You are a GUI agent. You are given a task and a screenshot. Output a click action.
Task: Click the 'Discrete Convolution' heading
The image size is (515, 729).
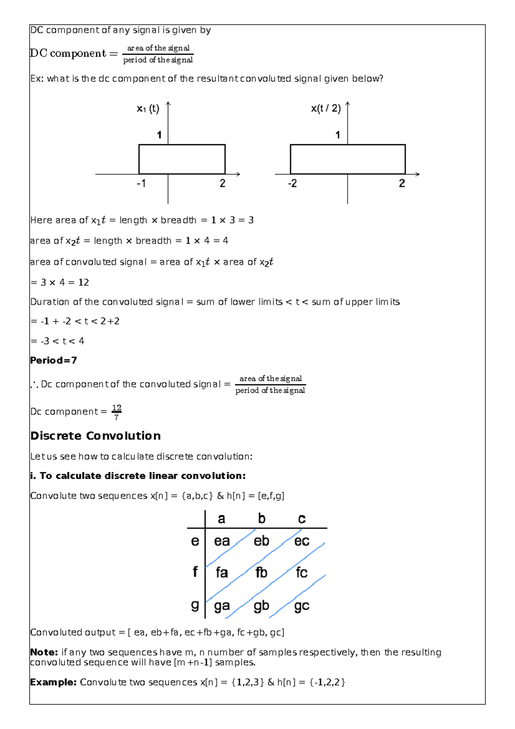pyautogui.click(x=95, y=436)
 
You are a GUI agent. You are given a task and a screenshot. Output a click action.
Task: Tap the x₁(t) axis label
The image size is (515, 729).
pyautogui.click(x=148, y=109)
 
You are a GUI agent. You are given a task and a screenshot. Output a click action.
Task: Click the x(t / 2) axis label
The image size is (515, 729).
pyautogui.click(x=326, y=108)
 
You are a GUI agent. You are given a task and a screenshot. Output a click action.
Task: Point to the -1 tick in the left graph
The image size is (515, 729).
pyautogui.click(x=141, y=183)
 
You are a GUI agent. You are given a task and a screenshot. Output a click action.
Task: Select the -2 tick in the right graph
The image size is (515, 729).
pyautogui.click(x=292, y=183)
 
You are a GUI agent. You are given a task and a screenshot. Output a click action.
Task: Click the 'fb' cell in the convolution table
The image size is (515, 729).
pyautogui.click(x=261, y=572)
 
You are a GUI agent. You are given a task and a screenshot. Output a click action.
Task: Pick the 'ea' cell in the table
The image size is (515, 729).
pyautogui.click(x=222, y=541)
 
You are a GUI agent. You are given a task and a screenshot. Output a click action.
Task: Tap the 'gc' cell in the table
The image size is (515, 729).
pyautogui.click(x=301, y=606)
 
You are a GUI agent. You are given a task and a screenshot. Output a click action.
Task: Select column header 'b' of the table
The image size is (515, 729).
pyautogui.click(x=261, y=519)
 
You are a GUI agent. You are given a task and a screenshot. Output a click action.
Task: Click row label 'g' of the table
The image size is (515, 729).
pyautogui.click(x=195, y=605)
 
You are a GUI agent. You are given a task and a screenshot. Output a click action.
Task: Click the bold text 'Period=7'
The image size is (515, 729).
pyautogui.click(x=53, y=360)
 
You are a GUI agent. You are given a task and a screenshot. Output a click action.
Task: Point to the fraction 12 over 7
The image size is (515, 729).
pyautogui.click(x=116, y=412)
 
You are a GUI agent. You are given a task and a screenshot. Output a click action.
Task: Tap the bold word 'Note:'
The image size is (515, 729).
pyautogui.click(x=44, y=652)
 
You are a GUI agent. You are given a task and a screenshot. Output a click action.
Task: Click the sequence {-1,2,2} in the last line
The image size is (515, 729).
pyautogui.click(x=327, y=682)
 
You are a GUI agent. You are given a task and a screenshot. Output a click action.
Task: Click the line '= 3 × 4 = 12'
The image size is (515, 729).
pyautogui.click(x=60, y=282)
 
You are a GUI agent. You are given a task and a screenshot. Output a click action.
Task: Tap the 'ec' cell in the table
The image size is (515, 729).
pyautogui.click(x=301, y=541)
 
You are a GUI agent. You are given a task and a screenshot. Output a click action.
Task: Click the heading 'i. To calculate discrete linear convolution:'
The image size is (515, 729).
pyautogui.click(x=138, y=476)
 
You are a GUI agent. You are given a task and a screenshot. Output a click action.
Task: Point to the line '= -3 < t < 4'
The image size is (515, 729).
pyautogui.click(x=58, y=341)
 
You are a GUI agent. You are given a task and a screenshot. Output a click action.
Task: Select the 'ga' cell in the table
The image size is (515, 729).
pyautogui.click(x=222, y=606)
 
